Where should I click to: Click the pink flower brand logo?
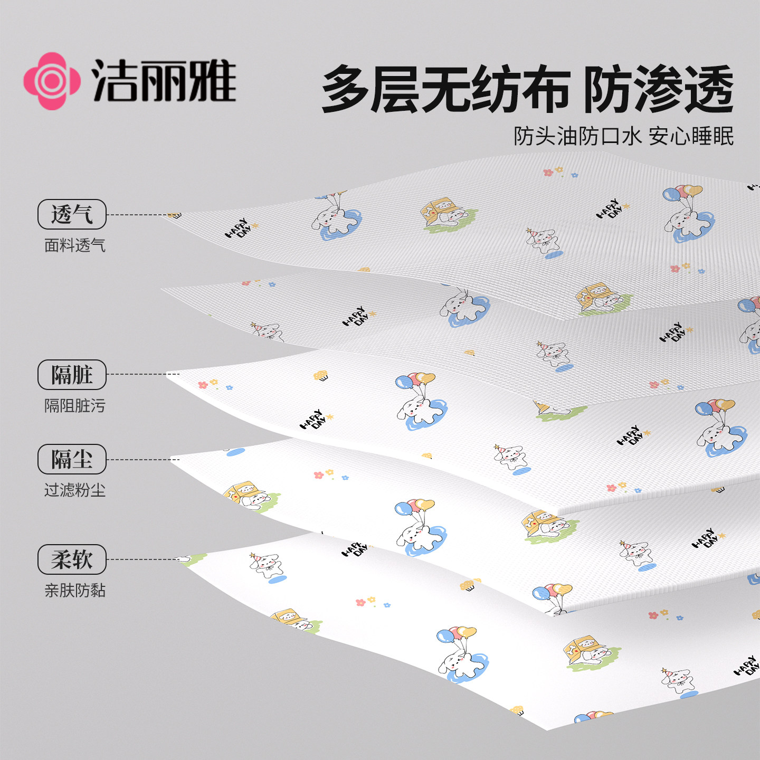[x=52, y=81]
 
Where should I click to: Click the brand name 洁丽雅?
[x=164, y=81]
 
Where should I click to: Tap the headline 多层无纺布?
[x=446, y=89]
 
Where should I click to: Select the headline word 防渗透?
[x=658, y=89]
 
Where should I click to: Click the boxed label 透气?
[x=72, y=214]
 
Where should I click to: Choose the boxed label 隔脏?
[x=72, y=375]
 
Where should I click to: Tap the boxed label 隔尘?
[x=72, y=459]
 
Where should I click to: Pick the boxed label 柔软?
[x=72, y=559]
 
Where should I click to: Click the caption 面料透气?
[x=75, y=245]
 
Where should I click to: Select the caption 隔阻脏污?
[x=75, y=406]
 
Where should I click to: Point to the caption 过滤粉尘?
[x=75, y=490]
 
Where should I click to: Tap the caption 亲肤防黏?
[x=75, y=591]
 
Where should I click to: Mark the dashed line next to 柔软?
[x=142, y=559]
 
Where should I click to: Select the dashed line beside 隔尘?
[x=142, y=459]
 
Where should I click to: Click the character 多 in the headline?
[x=346, y=89]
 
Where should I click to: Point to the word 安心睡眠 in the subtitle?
[x=691, y=136]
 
